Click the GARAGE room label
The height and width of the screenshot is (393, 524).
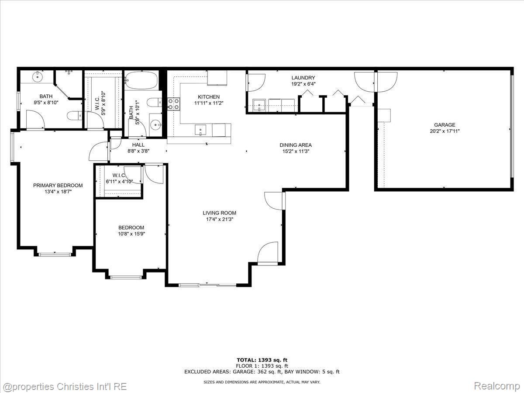pyautogui.click(x=445, y=125)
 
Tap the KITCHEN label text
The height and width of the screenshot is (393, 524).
pyautogui.click(x=209, y=97)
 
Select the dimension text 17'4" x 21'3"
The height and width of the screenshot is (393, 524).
pyautogui.click(x=219, y=219)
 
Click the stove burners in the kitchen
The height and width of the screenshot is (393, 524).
pyautogui.click(x=174, y=104)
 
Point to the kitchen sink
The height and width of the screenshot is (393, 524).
pyautogui.click(x=200, y=129)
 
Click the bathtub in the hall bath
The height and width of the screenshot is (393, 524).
pyautogui.click(x=141, y=80)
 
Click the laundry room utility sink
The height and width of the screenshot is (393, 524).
pyautogui.click(x=259, y=105)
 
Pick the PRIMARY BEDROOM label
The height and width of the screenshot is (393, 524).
pyautogui.click(x=58, y=186)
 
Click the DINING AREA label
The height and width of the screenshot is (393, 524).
pyautogui.click(x=296, y=145)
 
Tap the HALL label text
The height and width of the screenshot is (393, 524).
pyautogui.click(x=138, y=145)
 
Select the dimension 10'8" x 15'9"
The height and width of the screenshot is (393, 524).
pyautogui.click(x=131, y=234)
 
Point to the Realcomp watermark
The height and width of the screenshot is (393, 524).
pyautogui.click(x=497, y=386)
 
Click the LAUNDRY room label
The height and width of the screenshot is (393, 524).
pyautogui.click(x=303, y=78)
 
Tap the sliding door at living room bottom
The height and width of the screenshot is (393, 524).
pyautogui.click(x=208, y=285)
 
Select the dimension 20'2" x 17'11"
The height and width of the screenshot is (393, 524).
pyautogui.click(x=445, y=131)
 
